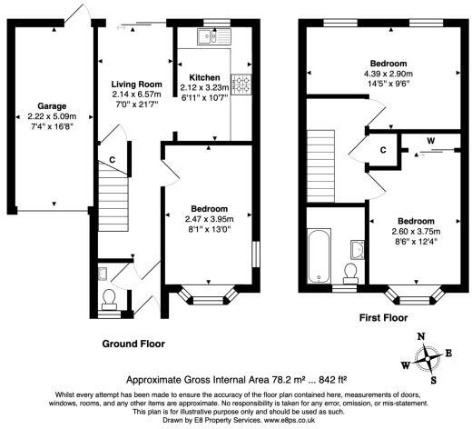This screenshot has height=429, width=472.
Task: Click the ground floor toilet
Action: [x=110, y=297]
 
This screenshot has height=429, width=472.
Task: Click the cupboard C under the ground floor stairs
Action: [x=112, y=160]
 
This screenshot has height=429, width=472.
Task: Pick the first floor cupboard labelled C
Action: [x=382, y=150]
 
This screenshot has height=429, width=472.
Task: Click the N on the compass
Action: [x=420, y=336]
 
